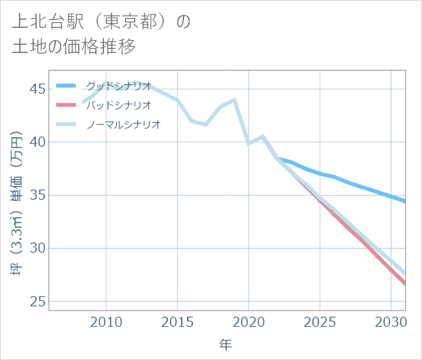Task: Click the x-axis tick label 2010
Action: (106, 321)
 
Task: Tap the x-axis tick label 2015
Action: (177, 321)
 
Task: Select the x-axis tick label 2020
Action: (249, 321)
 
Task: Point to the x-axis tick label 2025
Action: (320, 321)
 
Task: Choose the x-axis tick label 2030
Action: (391, 321)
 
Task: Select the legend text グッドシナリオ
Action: (118, 86)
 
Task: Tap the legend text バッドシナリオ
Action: (118, 105)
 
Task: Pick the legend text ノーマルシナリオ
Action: (123, 124)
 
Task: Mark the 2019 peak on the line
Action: (234, 100)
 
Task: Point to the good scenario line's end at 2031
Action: (405, 201)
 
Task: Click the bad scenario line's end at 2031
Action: (405, 284)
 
